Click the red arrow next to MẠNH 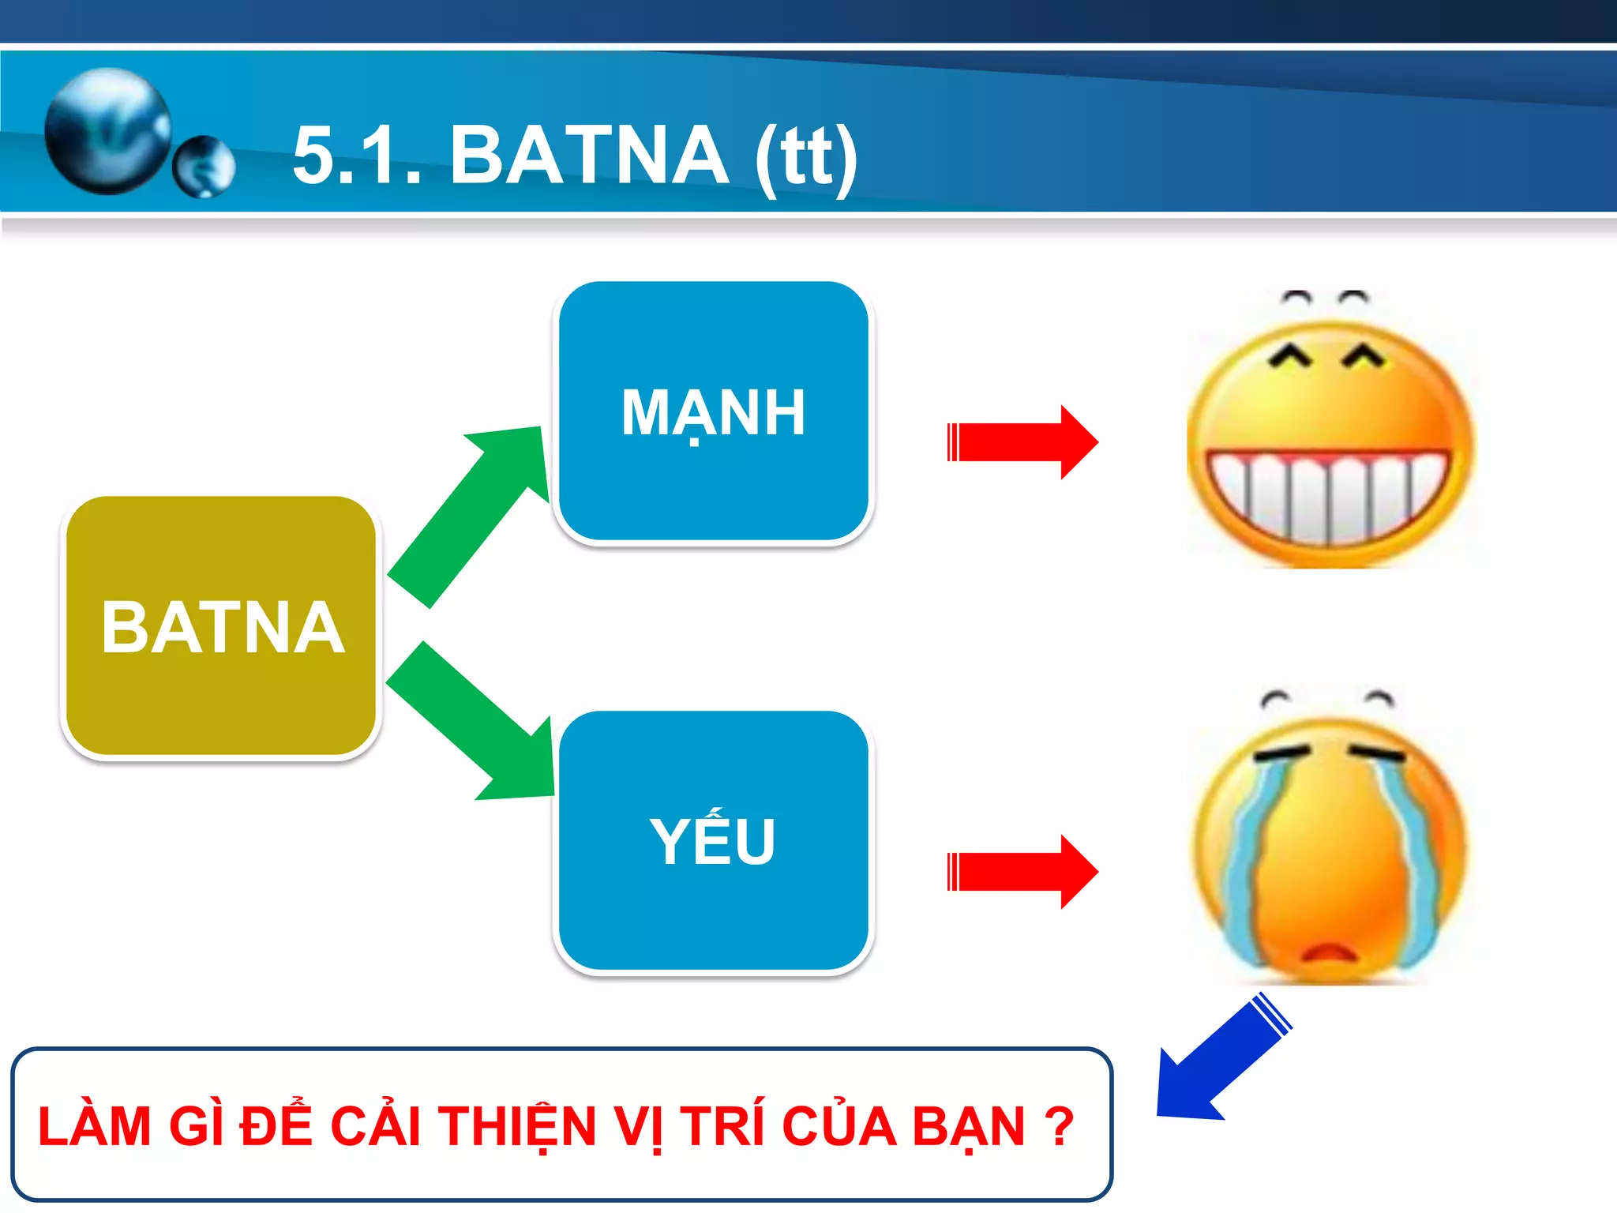tap(1022, 442)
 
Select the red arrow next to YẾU tap(1022, 872)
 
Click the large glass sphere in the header tap(108, 130)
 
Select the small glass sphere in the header tap(204, 167)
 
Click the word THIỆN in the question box tap(517, 1126)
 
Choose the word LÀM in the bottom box tap(94, 1126)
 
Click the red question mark tap(1059, 1126)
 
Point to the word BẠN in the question tap(968, 1126)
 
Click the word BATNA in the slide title tap(589, 156)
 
